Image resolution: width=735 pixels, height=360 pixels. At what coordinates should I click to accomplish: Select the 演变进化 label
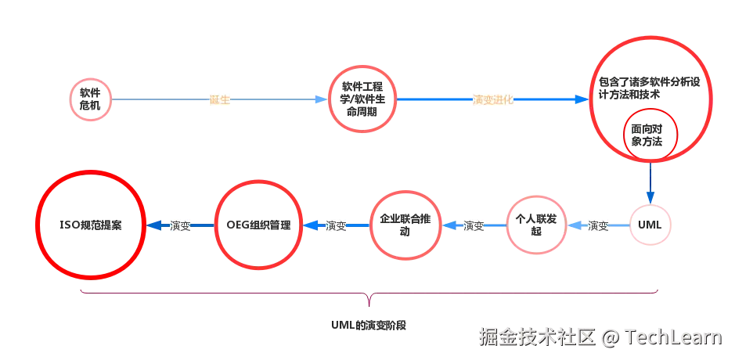coord(493,100)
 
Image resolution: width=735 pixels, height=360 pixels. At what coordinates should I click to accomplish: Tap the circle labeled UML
coord(650,225)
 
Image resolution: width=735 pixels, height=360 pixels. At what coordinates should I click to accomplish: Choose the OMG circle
coord(258,225)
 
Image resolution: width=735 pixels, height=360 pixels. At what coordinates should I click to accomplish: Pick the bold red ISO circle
coord(92,225)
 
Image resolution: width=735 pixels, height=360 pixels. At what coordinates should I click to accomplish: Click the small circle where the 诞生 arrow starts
coord(91,99)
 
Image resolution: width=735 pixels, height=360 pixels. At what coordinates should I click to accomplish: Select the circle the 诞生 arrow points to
coord(362,99)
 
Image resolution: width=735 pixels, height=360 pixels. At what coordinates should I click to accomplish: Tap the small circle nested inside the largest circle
coord(649,136)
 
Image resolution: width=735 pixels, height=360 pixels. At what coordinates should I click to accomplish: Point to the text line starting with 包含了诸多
coord(650,81)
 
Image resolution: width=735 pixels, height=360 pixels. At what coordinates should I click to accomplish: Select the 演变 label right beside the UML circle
coord(598,225)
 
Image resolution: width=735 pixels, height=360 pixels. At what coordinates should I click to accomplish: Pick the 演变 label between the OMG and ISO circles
coord(180,225)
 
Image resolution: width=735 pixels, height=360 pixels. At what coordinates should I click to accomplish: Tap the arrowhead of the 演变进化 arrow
coord(582,100)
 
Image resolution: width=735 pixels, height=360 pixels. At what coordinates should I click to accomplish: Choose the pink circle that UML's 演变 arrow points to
coord(536,225)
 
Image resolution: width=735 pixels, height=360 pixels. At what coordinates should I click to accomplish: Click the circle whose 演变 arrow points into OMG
coord(406,225)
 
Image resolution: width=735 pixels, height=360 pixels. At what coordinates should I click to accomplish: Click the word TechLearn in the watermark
coord(672,337)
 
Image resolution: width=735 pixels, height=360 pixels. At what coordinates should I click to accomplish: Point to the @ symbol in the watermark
coord(610,337)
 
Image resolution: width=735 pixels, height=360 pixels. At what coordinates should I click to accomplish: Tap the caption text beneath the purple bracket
coord(368,324)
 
